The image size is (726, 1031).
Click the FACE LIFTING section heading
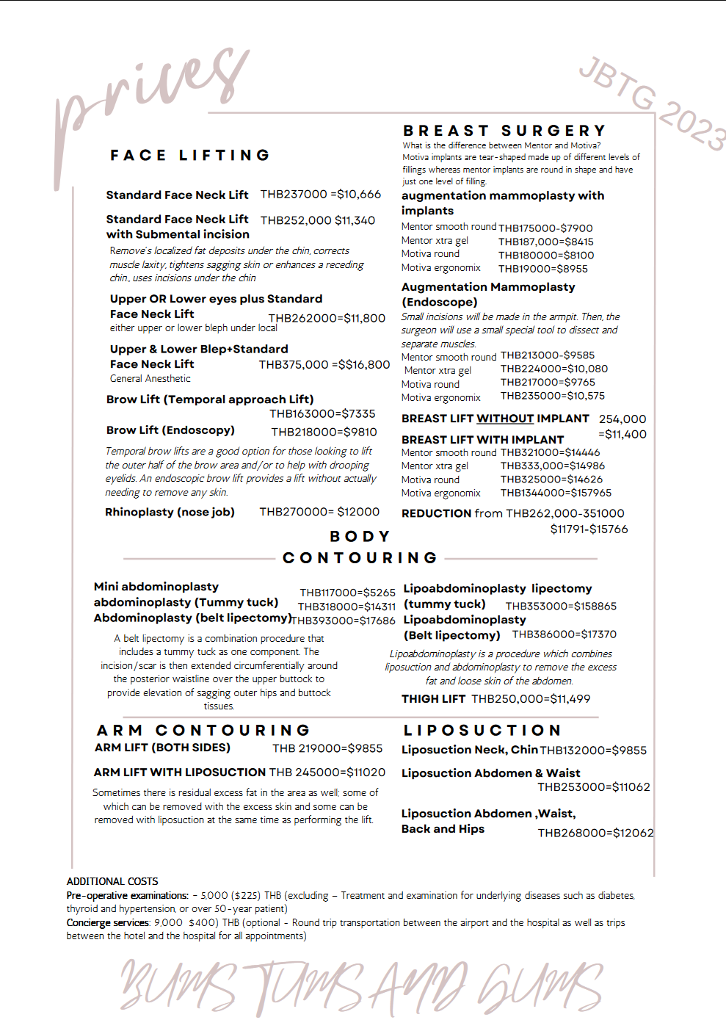[x=190, y=156]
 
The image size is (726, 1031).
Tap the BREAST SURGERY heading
[x=504, y=131]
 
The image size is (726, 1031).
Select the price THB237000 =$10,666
[x=321, y=195]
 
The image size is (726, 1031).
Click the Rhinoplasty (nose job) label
[x=170, y=512]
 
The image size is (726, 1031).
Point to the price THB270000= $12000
[x=319, y=512]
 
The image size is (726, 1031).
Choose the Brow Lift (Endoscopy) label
[x=170, y=430]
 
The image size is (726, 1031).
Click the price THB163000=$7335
[x=322, y=414]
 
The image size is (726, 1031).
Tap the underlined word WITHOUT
[x=505, y=419]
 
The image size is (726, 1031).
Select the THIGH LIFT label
[x=433, y=699]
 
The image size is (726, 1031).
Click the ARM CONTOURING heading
[x=203, y=731]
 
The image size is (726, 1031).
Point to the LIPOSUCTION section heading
[x=482, y=731]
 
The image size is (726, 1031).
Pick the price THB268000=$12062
[x=595, y=833]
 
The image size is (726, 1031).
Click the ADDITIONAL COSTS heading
[x=112, y=881]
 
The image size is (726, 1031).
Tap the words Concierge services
[x=108, y=923]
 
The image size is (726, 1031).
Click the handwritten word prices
[x=150, y=88]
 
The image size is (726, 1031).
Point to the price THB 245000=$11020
[x=327, y=773]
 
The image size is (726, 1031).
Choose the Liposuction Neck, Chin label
[x=470, y=750]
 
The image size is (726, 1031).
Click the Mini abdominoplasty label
[x=156, y=587]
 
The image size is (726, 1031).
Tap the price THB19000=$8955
[x=543, y=269]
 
